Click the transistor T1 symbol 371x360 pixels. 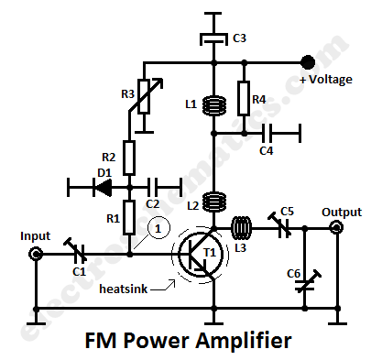(201, 256)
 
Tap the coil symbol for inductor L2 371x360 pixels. (214, 202)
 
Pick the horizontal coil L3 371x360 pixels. (241, 228)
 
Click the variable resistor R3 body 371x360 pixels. (144, 96)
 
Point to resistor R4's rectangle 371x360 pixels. (244, 98)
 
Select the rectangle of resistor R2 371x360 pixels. (129, 158)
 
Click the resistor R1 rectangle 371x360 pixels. (129, 218)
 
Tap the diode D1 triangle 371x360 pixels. (103, 187)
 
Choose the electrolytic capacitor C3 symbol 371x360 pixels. (213, 39)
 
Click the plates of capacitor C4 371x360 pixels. (267, 134)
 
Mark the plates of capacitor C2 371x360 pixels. (152, 187)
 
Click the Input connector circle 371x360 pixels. (36, 254)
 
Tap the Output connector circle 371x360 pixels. (336, 227)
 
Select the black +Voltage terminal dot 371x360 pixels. (308, 62)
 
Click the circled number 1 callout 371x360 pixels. (158, 228)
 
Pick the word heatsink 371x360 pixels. (124, 289)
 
